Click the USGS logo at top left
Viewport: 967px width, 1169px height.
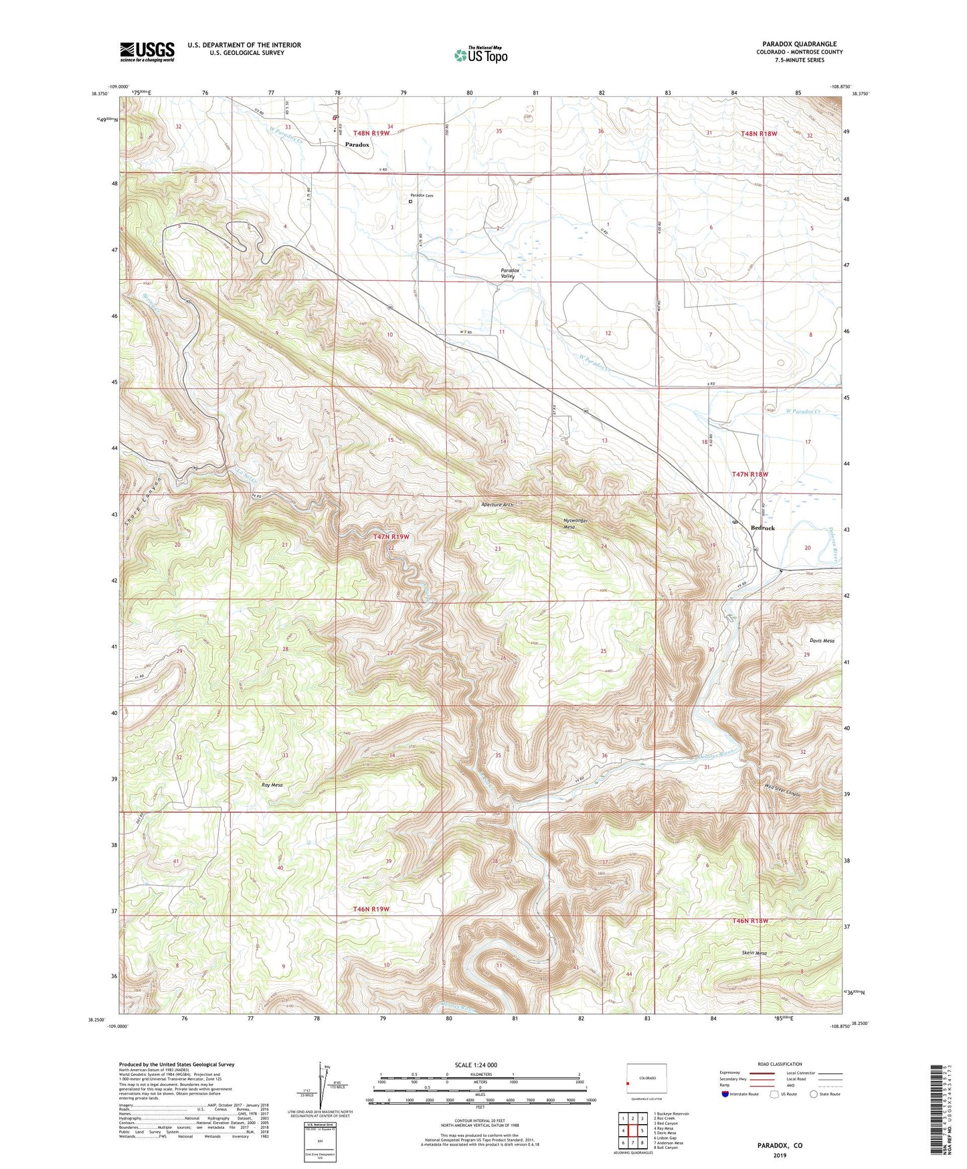147,51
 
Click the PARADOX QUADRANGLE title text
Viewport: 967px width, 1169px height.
799,44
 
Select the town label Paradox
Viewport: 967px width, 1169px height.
357,145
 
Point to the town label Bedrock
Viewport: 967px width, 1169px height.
762,528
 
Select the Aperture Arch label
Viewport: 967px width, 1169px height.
497,504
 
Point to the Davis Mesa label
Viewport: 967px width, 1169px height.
822,641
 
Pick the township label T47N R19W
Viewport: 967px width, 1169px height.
391,536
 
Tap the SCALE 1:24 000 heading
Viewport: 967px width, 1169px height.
476,1065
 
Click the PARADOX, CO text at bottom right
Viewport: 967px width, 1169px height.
780,1146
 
